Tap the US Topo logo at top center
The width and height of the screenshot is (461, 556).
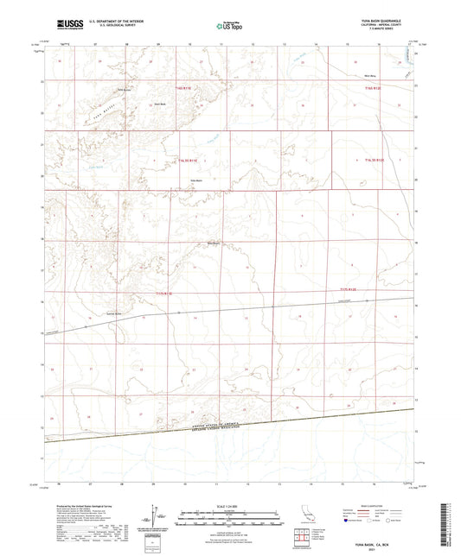(x=230, y=25)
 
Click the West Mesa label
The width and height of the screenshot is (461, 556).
(x=367, y=80)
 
